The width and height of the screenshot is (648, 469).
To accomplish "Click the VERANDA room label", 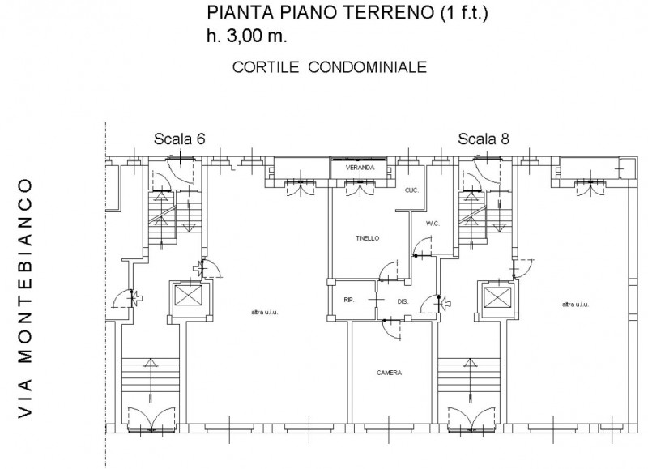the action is [360, 168].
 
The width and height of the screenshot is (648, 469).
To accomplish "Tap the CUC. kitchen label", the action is [411, 190].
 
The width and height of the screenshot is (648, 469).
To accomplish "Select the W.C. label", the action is [433, 224].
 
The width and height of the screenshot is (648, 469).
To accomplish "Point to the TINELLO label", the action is [368, 238].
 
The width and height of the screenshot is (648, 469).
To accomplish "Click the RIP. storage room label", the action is [349, 301].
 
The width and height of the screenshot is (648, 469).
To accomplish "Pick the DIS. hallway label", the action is [403, 302].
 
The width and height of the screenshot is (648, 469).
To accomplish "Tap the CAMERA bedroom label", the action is [389, 373].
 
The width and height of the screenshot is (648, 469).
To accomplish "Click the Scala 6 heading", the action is [179, 139].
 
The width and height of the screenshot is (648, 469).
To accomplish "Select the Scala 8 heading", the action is [483, 139].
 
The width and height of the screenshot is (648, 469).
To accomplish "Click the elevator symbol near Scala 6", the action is [189, 295].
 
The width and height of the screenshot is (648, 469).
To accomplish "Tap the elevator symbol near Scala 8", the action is [497, 297].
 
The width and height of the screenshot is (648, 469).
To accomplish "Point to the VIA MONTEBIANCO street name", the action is [25, 298].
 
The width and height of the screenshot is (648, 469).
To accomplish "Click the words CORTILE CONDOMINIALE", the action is [330, 67].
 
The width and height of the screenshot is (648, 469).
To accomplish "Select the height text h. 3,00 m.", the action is [247, 36].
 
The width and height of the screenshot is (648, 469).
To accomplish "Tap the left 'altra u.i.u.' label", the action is [265, 313].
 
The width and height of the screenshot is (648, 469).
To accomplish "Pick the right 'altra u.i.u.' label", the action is [575, 305].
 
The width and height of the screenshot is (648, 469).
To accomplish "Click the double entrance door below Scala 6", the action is [151, 420].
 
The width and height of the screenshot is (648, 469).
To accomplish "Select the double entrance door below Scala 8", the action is [471, 420].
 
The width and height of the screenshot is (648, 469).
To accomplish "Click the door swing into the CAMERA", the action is [391, 330].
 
